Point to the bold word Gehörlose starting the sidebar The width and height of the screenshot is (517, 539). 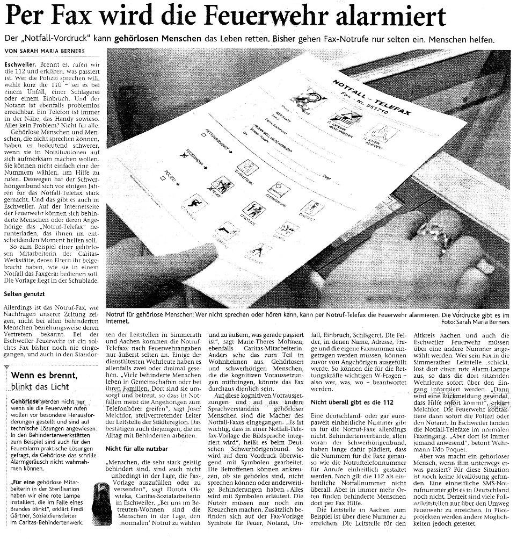(24, 401)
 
